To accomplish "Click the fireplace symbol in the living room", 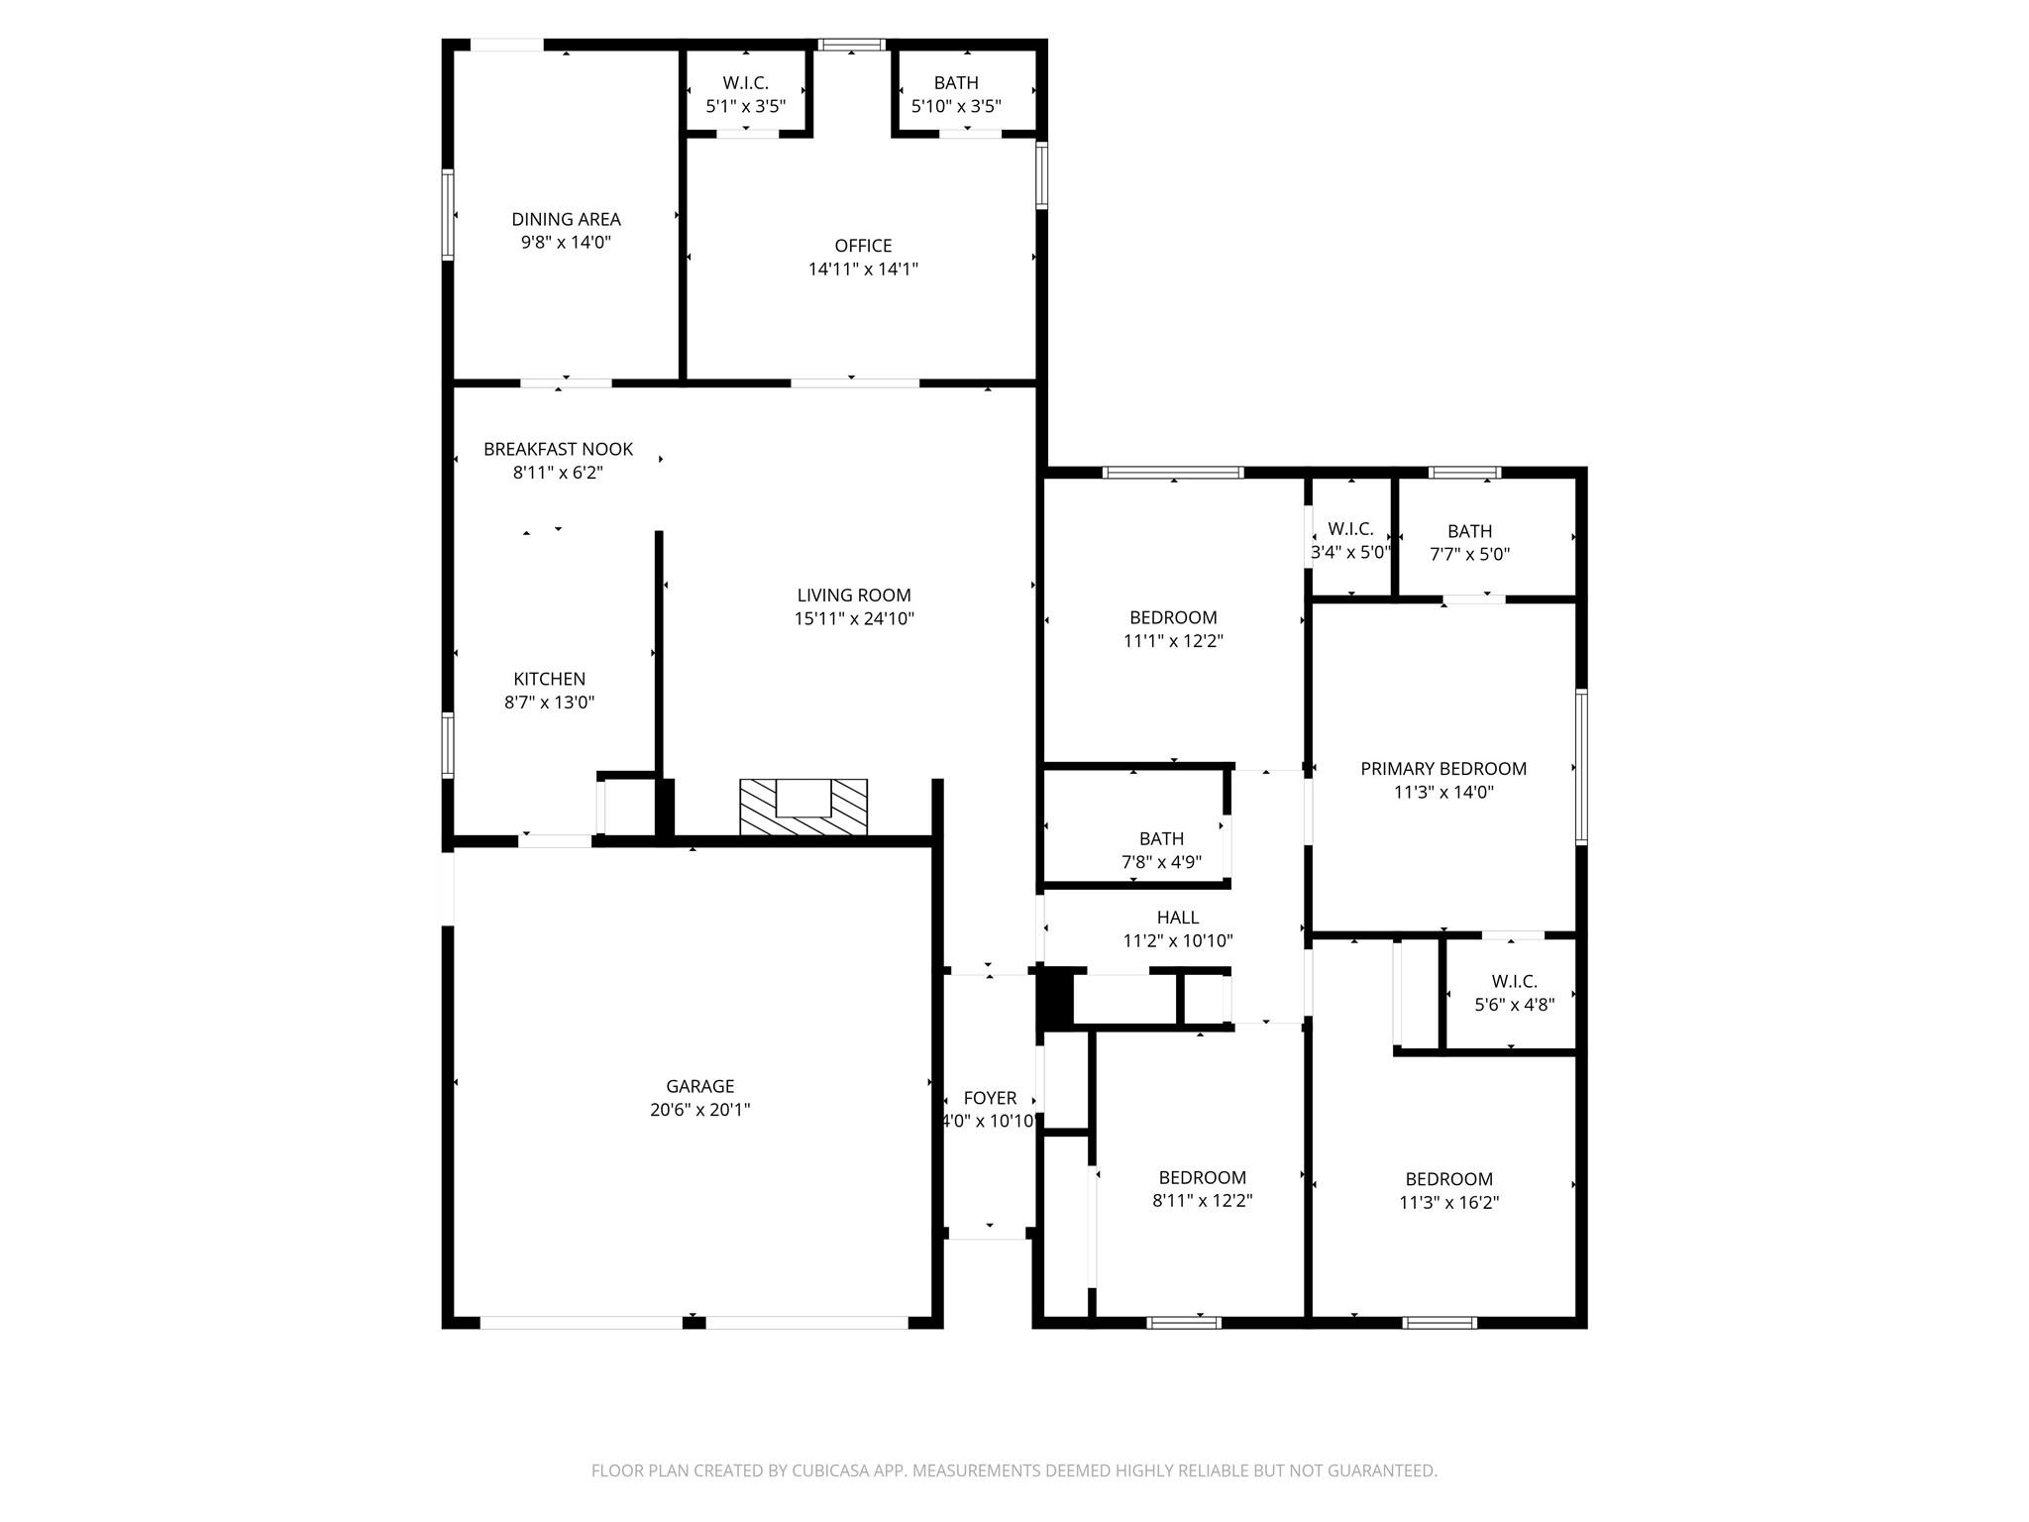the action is click(803, 807).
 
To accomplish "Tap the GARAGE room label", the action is click(700, 1086).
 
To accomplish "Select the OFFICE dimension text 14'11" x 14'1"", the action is click(864, 269).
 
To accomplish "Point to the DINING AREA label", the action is click(566, 219).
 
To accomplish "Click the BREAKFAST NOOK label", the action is click(558, 449).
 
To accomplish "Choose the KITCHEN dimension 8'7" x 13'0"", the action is click(549, 703).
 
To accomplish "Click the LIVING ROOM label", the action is click(854, 595).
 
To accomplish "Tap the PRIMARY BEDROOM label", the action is click(1443, 768).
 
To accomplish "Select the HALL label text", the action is click(1178, 918).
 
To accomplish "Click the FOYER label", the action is click(990, 1098).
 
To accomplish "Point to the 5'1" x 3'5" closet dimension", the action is click(746, 106).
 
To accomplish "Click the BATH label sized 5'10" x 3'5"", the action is click(956, 82).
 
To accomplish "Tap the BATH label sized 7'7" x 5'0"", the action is click(1469, 531).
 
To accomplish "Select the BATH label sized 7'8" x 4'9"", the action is click(1161, 838).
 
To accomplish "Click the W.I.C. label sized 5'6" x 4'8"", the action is click(1514, 981).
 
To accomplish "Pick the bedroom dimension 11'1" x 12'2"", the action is click(1173, 641).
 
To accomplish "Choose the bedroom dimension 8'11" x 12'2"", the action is click(1202, 1201).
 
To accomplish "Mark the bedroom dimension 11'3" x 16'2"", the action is click(1448, 1203).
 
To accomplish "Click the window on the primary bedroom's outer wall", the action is click(1581, 766).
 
